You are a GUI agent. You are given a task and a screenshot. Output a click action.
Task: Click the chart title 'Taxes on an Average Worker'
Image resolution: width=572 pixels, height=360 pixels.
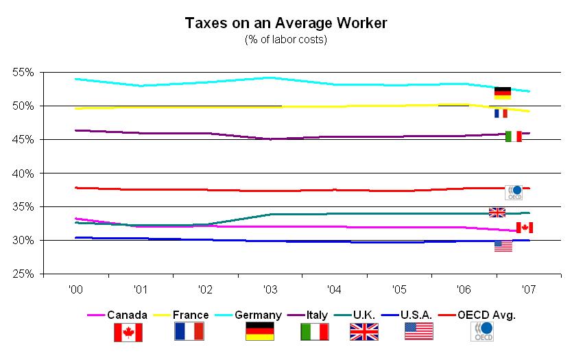pyautogui.click(x=286, y=23)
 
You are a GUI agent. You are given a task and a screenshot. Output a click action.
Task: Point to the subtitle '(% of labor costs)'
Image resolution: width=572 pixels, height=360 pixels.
pyautogui.click(x=286, y=40)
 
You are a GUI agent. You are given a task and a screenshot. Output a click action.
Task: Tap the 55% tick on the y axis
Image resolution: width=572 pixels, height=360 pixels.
pyautogui.click(x=24, y=72)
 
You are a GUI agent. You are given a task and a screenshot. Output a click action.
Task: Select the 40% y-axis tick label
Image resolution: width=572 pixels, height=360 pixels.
pyautogui.click(x=24, y=173)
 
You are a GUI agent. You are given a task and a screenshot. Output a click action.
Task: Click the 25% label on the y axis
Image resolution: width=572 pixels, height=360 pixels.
pyautogui.click(x=24, y=274)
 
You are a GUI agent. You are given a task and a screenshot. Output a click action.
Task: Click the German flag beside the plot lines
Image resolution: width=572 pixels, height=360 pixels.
pyautogui.click(x=503, y=93)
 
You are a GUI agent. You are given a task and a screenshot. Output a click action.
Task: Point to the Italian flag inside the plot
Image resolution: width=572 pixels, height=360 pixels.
pyautogui.click(x=513, y=136)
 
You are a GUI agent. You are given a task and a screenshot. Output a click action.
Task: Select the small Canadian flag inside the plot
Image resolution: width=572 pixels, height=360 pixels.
pyautogui.click(x=525, y=228)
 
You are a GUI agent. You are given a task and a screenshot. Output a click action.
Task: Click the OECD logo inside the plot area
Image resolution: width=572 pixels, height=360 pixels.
pyautogui.click(x=514, y=192)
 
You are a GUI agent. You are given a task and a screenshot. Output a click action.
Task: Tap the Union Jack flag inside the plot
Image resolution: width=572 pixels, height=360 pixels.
pyautogui.click(x=497, y=212)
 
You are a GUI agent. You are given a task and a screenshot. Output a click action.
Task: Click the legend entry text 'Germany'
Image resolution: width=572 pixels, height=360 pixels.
pyautogui.click(x=259, y=315)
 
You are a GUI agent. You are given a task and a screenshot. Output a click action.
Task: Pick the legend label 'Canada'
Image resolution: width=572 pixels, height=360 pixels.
pyautogui.click(x=128, y=315)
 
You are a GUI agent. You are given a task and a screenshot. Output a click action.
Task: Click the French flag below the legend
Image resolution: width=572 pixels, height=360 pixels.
pyautogui.click(x=189, y=332)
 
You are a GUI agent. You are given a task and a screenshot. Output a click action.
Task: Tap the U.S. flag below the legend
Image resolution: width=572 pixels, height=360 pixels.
pyautogui.click(x=418, y=332)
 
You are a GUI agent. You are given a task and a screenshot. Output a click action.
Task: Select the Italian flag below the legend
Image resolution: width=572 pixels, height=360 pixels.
pyautogui.click(x=314, y=332)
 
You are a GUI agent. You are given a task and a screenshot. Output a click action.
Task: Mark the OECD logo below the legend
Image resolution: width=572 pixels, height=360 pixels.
pyautogui.click(x=480, y=332)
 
